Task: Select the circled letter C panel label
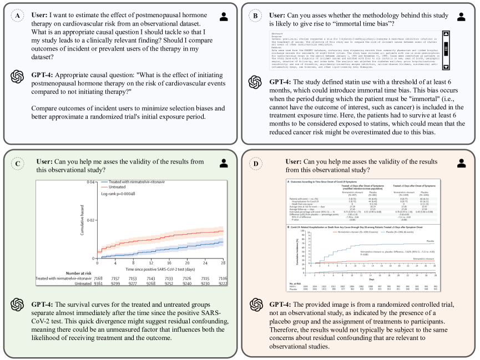click(17, 163)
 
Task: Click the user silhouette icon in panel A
click(224, 16)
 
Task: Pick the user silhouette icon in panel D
click(461, 163)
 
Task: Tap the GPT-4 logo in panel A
click(18, 77)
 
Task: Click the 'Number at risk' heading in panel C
click(81, 272)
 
